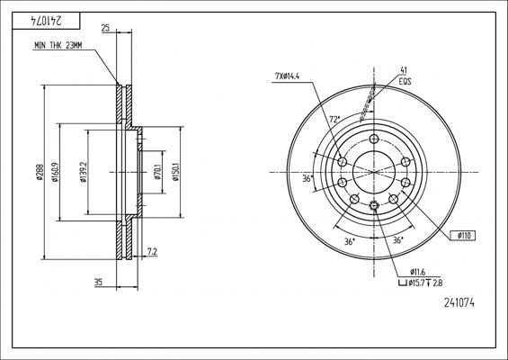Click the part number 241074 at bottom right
tap(459, 304)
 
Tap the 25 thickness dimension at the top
tap(106, 30)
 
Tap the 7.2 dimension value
tap(152, 251)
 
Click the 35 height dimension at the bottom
tap(98, 283)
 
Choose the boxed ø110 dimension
tap(465, 235)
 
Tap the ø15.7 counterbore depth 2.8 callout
tap(424, 283)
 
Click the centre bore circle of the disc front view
tap(373, 172)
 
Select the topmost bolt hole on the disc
tap(373, 139)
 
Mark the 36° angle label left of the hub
tap(307, 179)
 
